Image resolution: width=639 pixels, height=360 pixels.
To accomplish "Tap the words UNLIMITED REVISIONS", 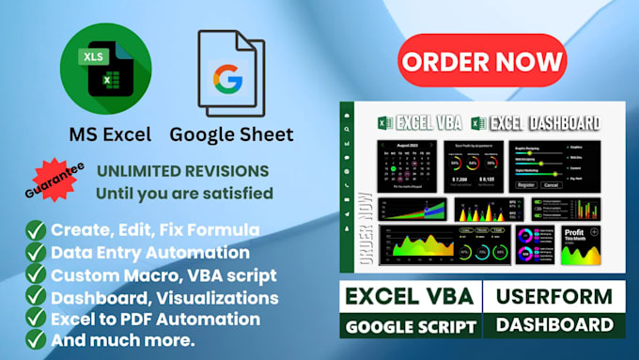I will point(183,172).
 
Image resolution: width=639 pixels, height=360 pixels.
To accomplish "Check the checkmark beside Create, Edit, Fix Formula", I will point(35,230).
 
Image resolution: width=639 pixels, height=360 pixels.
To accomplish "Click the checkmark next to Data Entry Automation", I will point(35,253).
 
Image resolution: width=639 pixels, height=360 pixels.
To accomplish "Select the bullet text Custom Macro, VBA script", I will point(164,274).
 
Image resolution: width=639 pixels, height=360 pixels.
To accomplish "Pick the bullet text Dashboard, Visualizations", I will point(164,297).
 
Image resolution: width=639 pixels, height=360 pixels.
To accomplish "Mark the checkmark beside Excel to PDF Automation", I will point(35,320).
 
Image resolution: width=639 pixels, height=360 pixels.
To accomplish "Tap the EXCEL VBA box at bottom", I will point(411,295).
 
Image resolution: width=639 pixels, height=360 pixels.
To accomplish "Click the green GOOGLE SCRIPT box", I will point(411,325).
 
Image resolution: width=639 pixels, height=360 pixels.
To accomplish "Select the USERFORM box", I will point(554,295).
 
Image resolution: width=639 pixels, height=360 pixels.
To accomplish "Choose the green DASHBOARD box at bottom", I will point(554,325).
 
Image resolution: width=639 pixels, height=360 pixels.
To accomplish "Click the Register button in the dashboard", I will point(526,184).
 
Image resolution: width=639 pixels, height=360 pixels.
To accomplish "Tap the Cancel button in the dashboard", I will point(551,184).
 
